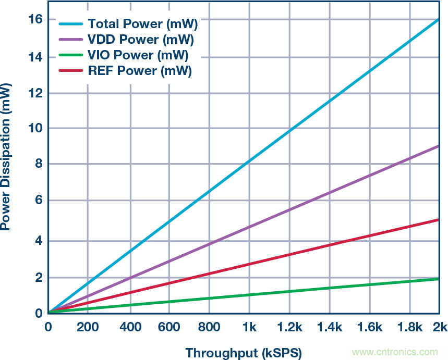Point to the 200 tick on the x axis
(x=87, y=327)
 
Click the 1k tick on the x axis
(x=249, y=327)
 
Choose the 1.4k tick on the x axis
(x=330, y=327)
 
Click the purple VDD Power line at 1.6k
(x=370, y=175)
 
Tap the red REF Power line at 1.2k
(x=289, y=255)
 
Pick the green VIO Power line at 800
(x=209, y=299)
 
